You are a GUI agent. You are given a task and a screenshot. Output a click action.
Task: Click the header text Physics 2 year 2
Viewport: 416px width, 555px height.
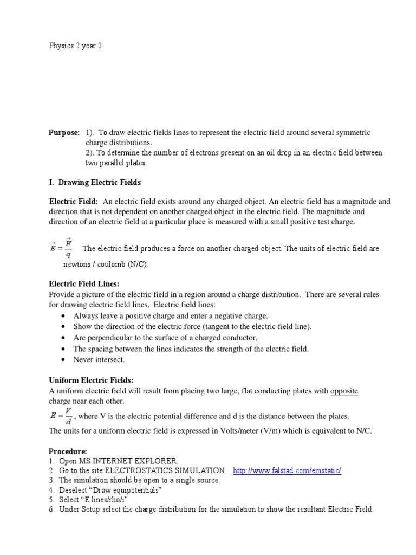(x=75, y=46)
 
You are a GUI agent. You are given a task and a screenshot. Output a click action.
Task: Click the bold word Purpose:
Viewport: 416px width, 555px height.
(x=64, y=133)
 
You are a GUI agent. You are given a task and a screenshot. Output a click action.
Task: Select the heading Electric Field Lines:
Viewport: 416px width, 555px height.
(x=84, y=283)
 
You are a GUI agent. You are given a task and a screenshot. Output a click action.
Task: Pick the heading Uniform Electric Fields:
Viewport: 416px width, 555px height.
(x=91, y=380)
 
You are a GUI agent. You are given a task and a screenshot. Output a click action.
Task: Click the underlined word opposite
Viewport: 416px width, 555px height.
(x=344, y=391)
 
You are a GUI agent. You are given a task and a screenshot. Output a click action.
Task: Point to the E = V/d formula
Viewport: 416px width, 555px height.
(x=61, y=416)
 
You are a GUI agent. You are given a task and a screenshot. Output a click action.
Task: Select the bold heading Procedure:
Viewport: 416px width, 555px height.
(x=68, y=451)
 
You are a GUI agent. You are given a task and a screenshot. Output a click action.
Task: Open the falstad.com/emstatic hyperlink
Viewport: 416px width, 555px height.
(x=287, y=470)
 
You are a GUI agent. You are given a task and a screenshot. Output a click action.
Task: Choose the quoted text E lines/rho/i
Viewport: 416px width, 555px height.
(x=116, y=500)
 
